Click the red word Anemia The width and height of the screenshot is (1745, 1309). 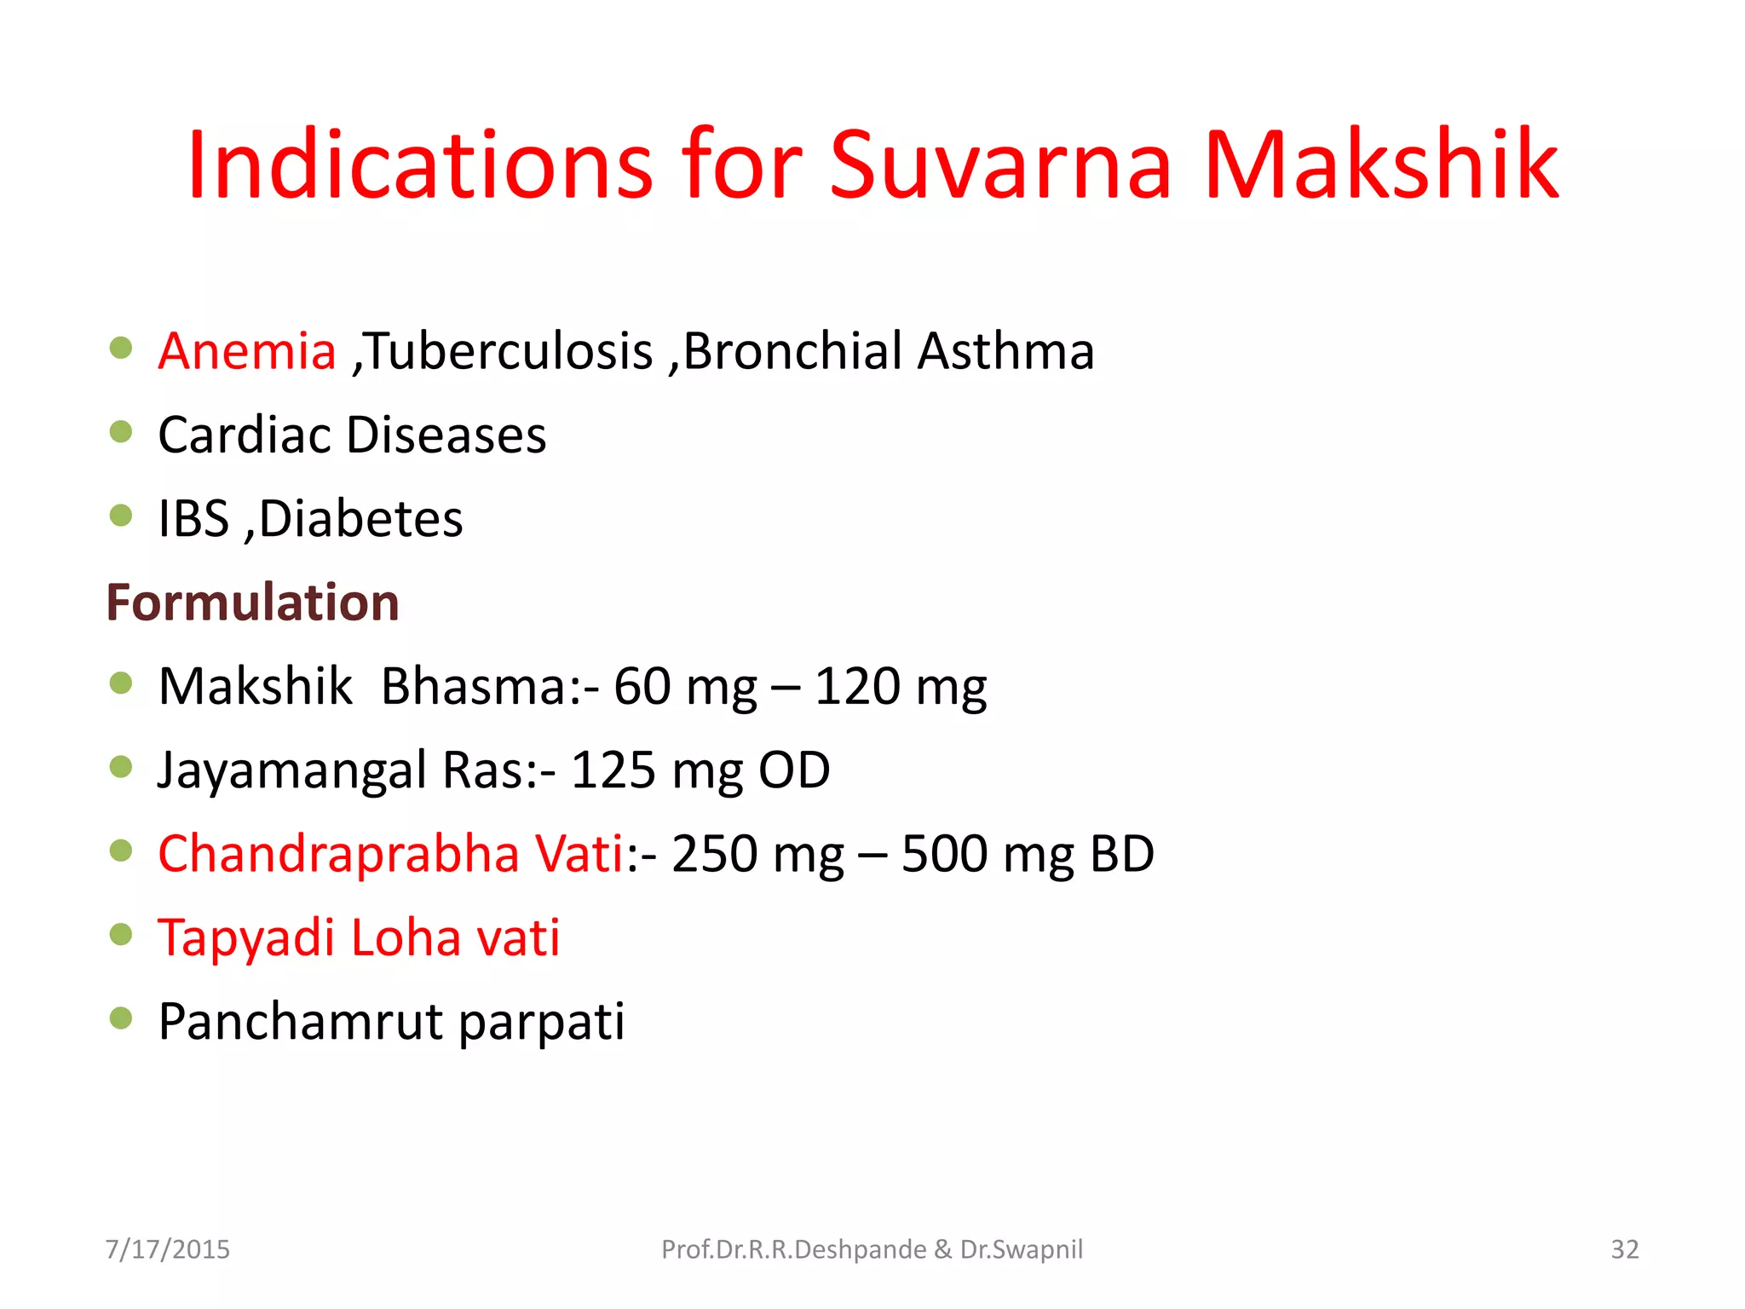(x=247, y=351)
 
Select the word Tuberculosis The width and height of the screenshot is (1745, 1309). (x=510, y=351)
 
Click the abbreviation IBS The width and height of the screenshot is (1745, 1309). (x=194, y=518)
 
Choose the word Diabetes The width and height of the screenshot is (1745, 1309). (x=361, y=518)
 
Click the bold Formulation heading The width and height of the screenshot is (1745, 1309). (x=253, y=603)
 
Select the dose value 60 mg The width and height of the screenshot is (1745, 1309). (x=685, y=687)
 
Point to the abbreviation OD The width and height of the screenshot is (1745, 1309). (x=794, y=770)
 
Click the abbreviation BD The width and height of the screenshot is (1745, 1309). (x=1122, y=853)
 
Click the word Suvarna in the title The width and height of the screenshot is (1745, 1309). (x=1001, y=164)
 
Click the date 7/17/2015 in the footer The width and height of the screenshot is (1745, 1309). (x=168, y=1249)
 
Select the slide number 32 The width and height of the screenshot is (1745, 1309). (x=1624, y=1249)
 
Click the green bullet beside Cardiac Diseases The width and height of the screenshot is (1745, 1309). (x=121, y=432)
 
